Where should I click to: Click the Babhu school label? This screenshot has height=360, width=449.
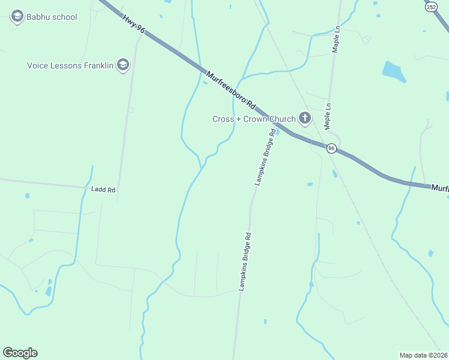click(52, 17)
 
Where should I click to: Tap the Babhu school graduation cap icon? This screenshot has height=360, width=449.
click(17, 16)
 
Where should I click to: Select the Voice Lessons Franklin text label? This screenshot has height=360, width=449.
click(70, 65)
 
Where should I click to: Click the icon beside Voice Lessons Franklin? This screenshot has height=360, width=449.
click(123, 65)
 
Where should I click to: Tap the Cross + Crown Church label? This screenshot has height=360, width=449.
click(254, 119)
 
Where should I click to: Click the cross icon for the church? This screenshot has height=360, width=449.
click(305, 118)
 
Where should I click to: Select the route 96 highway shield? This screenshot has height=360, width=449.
click(331, 148)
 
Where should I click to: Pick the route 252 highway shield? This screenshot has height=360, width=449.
click(431, 7)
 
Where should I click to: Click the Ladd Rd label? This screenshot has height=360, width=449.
click(103, 190)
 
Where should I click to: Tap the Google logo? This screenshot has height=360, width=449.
click(20, 353)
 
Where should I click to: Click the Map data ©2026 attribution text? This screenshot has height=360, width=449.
click(424, 355)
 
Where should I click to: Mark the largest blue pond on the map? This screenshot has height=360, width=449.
click(394, 71)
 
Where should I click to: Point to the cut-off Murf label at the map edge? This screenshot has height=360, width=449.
click(440, 188)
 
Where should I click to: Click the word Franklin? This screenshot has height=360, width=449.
click(98, 65)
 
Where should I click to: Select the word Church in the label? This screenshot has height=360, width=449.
click(282, 119)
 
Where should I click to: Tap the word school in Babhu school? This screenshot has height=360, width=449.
click(65, 17)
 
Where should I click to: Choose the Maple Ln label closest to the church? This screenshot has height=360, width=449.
click(328, 115)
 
